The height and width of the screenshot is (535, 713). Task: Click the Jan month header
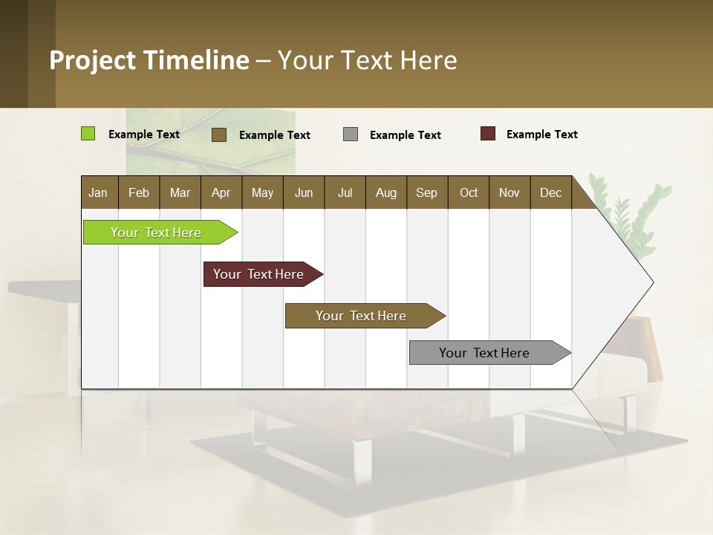99,192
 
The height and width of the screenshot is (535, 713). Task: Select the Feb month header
139,192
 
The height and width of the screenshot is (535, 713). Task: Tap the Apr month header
221,192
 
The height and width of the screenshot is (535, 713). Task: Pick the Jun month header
304,192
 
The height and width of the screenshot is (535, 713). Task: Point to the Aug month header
385,192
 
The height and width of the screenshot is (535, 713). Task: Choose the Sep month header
426,192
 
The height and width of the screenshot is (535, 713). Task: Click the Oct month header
469,192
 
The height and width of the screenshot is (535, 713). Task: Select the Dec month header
550,192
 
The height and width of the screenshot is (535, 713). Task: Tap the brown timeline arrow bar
362,316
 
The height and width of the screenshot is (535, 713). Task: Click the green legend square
88,134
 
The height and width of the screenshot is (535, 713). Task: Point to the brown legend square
219,134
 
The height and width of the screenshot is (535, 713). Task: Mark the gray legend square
351,134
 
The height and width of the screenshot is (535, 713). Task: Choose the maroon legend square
488,134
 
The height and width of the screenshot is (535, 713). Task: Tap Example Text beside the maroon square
541,134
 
